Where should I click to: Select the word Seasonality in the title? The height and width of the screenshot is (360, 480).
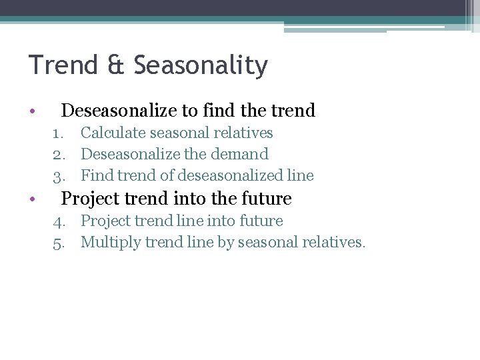click(201, 66)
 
